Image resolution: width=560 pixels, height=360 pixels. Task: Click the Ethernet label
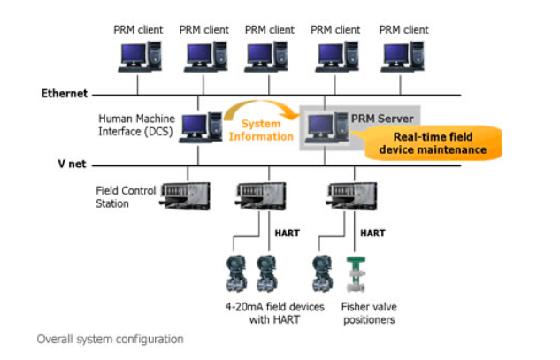point(65,93)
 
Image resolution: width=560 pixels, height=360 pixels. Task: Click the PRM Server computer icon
point(321,128)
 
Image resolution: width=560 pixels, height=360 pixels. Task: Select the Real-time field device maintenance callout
point(433,143)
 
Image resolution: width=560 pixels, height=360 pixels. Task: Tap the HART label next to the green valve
point(372,233)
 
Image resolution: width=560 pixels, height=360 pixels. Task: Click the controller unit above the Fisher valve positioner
point(342,194)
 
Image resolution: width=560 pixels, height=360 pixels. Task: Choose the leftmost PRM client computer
point(138,56)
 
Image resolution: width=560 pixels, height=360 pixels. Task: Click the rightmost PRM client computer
point(403,56)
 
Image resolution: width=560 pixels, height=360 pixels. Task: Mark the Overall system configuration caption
point(110,339)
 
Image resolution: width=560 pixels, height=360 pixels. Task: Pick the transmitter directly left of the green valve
point(321,273)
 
